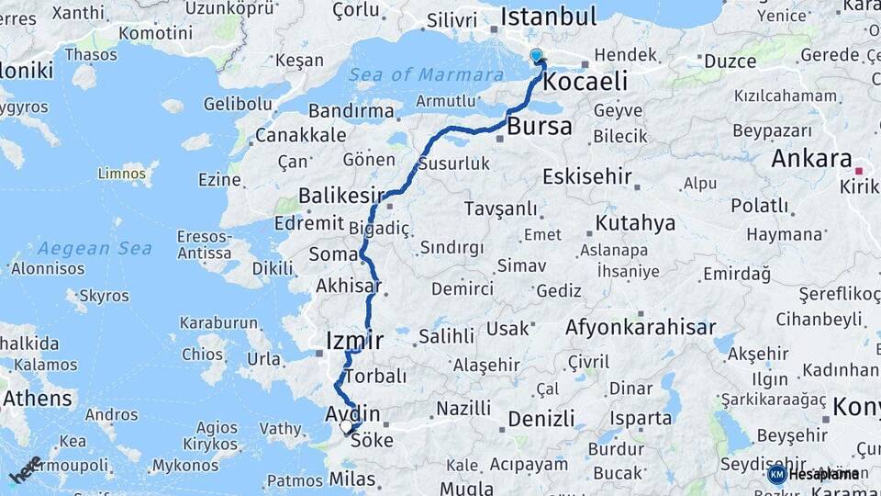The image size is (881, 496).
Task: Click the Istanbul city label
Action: point(549,17)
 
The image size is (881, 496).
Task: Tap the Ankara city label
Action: point(811,158)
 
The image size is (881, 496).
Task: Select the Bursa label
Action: point(540,126)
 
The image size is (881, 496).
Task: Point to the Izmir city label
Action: point(354,342)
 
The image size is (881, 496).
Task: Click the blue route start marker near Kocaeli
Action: point(536,56)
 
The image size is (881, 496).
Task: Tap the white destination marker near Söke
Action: point(346,426)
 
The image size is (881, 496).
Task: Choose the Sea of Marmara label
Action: point(419,74)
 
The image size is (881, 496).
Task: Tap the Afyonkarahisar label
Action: point(641,327)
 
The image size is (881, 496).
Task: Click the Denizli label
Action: point(541,419)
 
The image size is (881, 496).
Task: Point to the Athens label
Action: point(38,399)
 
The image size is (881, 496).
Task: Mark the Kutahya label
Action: point(635,223)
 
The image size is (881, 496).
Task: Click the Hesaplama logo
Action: point(814,474)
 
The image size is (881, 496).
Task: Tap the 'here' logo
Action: point(25,468)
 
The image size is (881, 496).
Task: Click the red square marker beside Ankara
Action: point(859,171)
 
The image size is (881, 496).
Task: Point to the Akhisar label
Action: point(349,286)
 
